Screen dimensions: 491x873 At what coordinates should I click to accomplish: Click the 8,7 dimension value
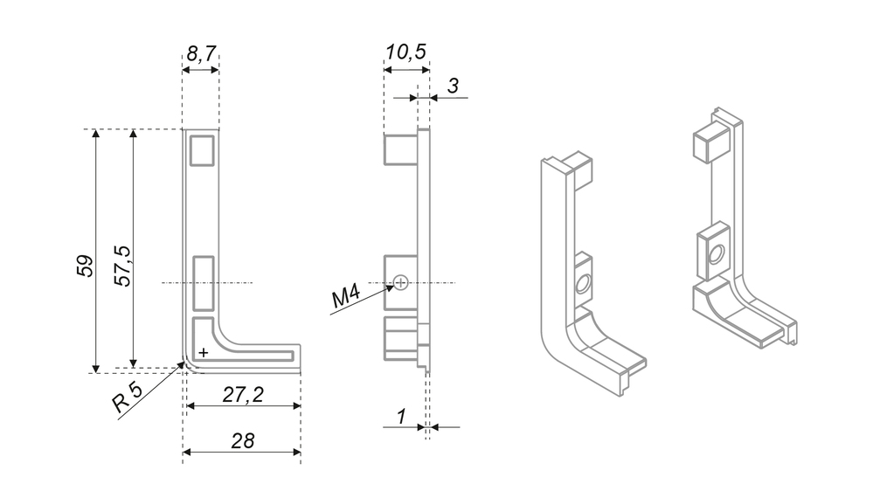201,54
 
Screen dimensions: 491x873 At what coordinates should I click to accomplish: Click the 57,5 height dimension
122,266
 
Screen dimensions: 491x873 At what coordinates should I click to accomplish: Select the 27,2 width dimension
242,395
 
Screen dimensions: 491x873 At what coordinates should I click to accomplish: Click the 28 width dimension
242,440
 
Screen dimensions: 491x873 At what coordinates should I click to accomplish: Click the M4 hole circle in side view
400,281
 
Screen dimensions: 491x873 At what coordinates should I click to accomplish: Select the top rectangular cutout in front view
202,150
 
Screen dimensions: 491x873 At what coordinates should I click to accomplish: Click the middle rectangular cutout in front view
203,283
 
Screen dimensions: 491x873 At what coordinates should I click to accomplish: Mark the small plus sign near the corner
203,352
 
